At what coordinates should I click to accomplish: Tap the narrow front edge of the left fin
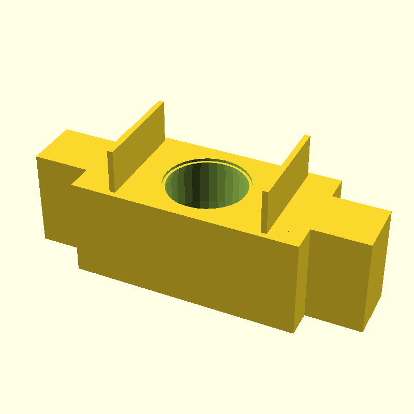tap(110, 171)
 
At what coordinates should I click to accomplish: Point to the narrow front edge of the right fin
tap(264, 212)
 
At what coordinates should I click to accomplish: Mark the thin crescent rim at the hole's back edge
tap(207, 160)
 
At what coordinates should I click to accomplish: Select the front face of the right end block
tap(336, 279)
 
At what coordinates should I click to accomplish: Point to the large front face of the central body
tap(186, 254)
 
